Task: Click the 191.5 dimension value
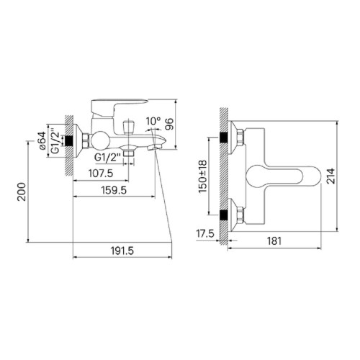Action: tap(122, 251)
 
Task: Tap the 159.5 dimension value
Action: tap(114, 190)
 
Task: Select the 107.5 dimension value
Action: tap(101, 174)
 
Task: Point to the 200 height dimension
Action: tap(22, 192)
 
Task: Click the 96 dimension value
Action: tap(169, 124)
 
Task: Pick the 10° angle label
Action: tap(153, 121)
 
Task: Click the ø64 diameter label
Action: tap(42, 140)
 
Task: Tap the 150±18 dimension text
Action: tap(202, 176)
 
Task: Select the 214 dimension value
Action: tap(330, 176)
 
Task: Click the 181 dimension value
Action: tap(274, 240)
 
